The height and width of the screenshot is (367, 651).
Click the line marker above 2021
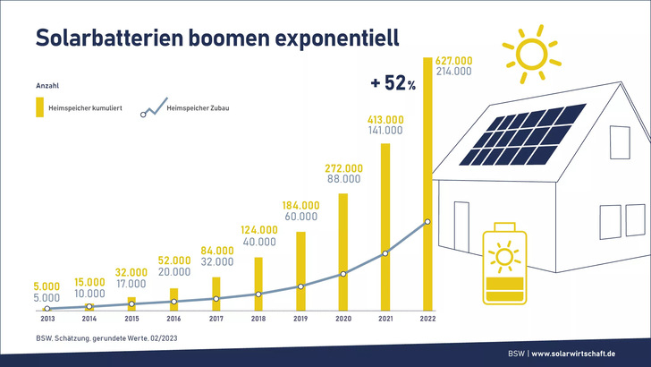pos(385,253)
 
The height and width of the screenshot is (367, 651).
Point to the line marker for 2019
pos(300,286)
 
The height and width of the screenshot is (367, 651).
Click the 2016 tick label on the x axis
pos(173,318)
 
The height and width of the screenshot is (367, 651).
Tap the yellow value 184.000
pos(301,205)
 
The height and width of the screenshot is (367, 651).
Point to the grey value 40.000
pos(258,241)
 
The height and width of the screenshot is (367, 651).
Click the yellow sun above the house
pos(531,51)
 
